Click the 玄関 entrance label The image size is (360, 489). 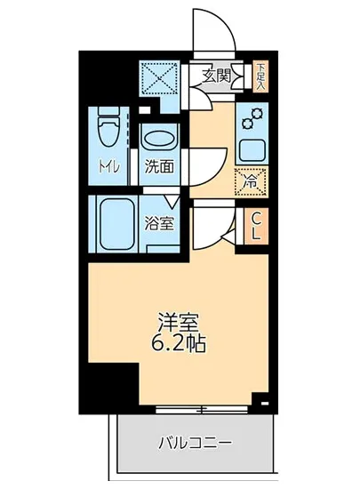[x=216, y=76]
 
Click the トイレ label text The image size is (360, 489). [x=108, y=166]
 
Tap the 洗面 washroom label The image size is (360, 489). [x=159, y=166]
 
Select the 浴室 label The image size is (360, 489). [x=161, y=223]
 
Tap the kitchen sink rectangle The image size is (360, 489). [x=252, y=149]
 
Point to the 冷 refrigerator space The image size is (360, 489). [x=252, y=180]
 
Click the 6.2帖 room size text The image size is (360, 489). [x=177, y=343]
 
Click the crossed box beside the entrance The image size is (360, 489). [x=163, y=78]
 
